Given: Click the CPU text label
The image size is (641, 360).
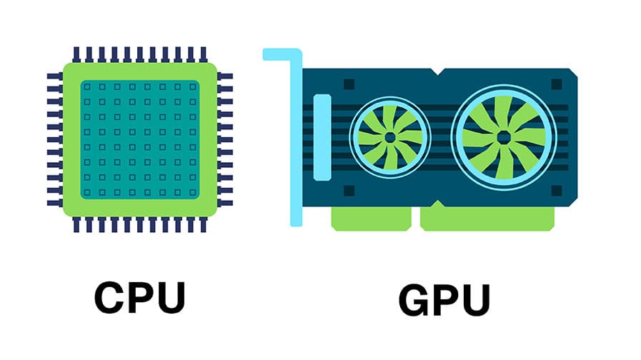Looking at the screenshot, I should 139,299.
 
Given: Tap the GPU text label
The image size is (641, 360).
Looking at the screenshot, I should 445,301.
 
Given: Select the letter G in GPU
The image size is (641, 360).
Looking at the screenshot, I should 415,301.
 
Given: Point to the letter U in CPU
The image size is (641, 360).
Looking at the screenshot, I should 170,299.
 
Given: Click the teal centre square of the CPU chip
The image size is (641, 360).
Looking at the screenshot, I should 139,139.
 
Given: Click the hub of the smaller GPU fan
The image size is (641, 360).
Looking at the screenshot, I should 389,136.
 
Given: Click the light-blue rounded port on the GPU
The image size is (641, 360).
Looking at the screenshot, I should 322,136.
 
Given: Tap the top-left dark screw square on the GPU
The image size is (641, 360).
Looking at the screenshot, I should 349,84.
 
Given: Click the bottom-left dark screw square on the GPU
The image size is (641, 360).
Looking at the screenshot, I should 349,191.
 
